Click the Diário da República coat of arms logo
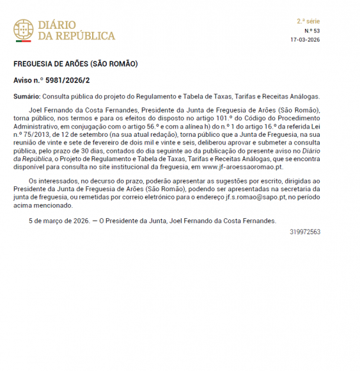pyautogui.click(x=24, y=30)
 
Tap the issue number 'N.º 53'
pyautogui.click(x=312, y=31)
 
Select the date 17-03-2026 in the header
pyautogui.click(x=305, y=40)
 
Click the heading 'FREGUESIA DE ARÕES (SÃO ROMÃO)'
pyautogui.click(x=75, y=65)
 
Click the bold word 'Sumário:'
pyautogui.click(x=27, y=97)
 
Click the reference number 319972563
pyautogui.click(x=305, y=232)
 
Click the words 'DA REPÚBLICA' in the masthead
pyautogui.click(x=77, y=36)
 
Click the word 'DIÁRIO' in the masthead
pyautogui.click(x=58, y=25)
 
